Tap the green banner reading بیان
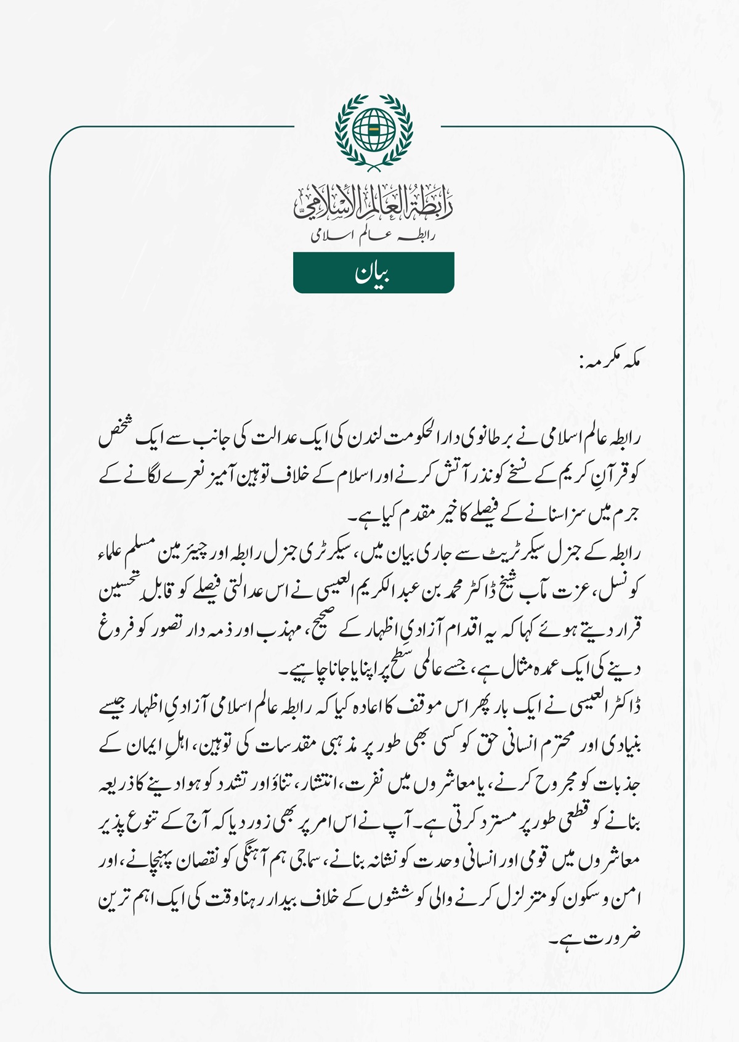pyautogui.click(x=374, y=273)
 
